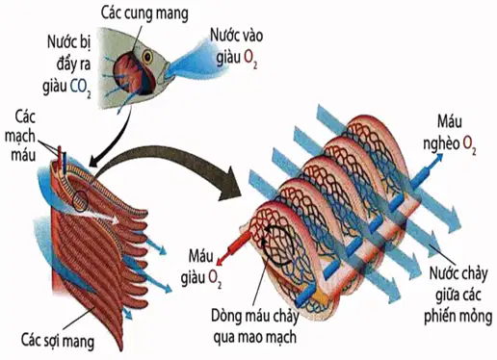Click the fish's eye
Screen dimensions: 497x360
tap(147, 57)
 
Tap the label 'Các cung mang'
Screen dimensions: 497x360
tap(144, 13)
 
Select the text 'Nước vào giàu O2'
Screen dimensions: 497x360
tap(236, 47)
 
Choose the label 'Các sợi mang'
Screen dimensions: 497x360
tap(58, 341)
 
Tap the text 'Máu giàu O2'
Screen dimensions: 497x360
tap(200, 268)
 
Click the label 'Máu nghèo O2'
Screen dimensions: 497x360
tap(450, 134)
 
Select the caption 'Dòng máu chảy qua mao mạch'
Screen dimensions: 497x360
tap(254, 326)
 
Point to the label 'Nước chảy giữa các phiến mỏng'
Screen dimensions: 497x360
tap(458, 294)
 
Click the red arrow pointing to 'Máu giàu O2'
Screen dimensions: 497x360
tap(234, 247)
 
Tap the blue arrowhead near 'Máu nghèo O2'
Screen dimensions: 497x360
tap(437, 158)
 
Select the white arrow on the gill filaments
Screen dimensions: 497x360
tap(102, 218)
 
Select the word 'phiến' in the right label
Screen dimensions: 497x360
tap(439, 317)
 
